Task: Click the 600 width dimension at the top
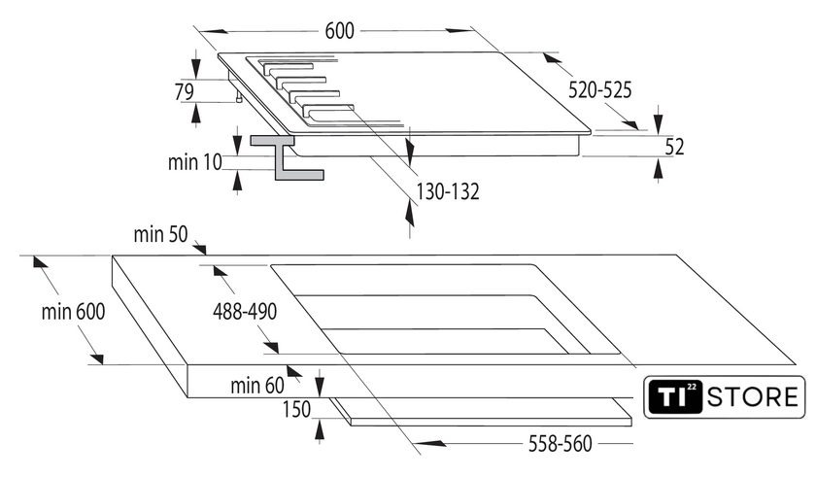tap(339, 31)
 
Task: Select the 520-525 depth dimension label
tap(599, 90)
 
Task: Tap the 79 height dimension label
tap(185, 91)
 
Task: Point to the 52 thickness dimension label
tap(674, 147)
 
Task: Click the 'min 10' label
tap(194, 162)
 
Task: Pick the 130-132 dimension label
tap(448, 191)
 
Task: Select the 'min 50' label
tap(160, 234)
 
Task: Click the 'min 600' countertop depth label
tap(74, 312)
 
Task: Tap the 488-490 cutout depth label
tap(245, 312)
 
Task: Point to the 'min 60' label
tap(257, 386)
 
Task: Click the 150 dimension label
tap(296, 409)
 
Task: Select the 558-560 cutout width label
tap(561, 444)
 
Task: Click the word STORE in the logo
tap(753, 397)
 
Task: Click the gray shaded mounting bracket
tap(287, 157)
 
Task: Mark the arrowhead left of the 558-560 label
tap(431, 443)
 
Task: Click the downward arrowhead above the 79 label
tap(195, 68)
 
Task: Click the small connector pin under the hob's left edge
tap(239, 97)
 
